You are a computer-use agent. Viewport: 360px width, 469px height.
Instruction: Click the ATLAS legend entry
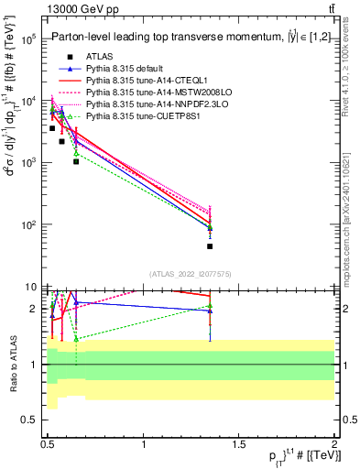click(x=99, y=57)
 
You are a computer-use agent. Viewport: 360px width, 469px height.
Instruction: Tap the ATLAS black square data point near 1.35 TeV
click(x=210, y=245)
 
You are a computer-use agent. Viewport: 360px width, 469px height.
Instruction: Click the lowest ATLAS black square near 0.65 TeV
click(x=76, y=161)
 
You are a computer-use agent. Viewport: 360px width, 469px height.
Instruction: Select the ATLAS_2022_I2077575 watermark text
click(x=190, y=273)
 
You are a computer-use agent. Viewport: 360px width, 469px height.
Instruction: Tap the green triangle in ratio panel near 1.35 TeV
click(x=210, y=306)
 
